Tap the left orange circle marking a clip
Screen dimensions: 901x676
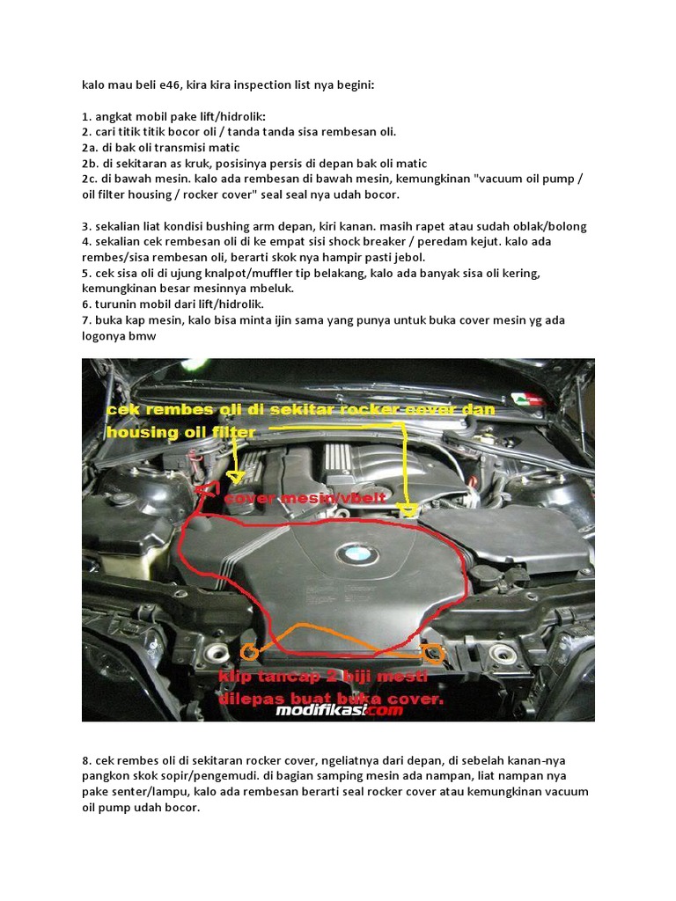[x=249, y=651]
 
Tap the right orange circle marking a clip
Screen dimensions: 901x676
[x=432, y=652]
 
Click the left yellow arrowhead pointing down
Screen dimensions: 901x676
[x=235, y=477]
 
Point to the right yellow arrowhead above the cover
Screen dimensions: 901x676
[x=407, y=511]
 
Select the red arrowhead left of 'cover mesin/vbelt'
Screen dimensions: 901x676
[x=206, y=489]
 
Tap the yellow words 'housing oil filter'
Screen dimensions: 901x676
[x=181, y=432]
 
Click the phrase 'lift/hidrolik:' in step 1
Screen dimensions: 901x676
[x=225, y=116]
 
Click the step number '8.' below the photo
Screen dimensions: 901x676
[x=87, y=759]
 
